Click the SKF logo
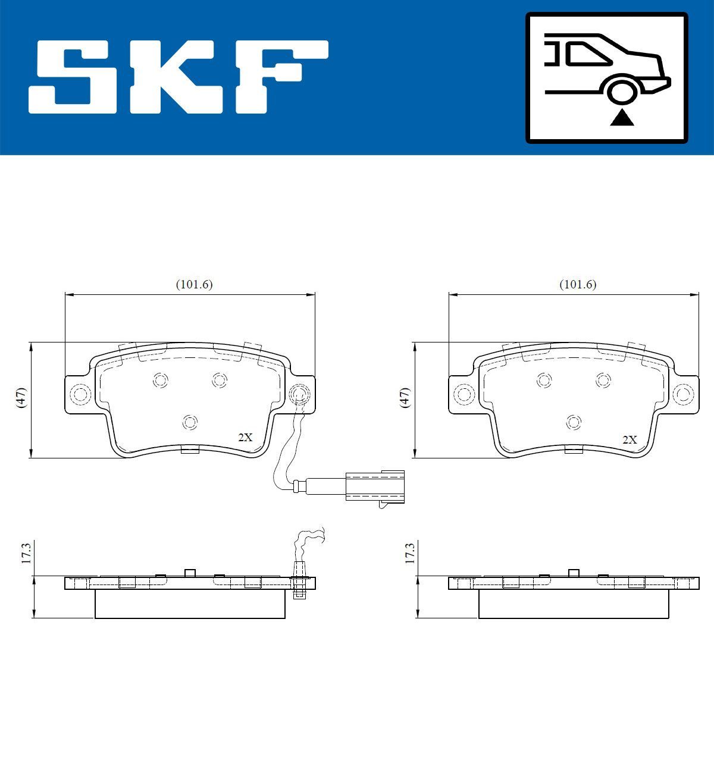(178, 77)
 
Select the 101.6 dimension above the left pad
(194, 285)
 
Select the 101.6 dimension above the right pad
(578, 285)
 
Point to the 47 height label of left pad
(22, 397)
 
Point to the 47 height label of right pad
(406, 397)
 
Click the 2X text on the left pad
(245, 438)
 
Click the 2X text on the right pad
(629, 440)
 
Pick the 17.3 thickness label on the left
(26, 552)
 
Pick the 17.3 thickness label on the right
(410, 552)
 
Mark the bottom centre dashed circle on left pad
(190, 422)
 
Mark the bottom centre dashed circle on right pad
(574, 422)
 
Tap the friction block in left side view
(190, 604)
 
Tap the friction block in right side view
(574, 604)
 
